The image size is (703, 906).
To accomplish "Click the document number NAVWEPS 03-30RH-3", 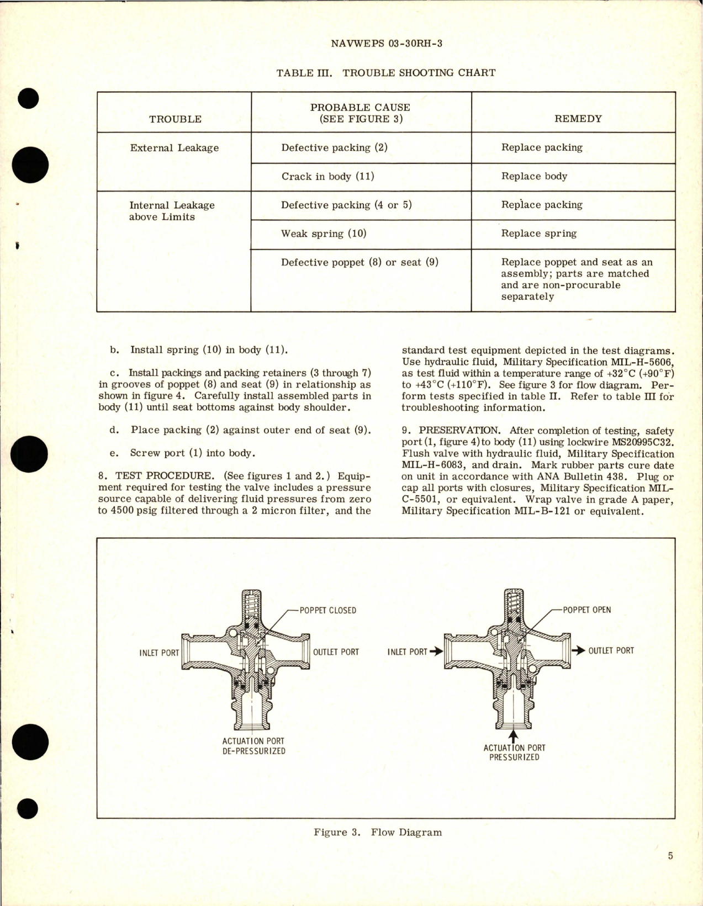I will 386,44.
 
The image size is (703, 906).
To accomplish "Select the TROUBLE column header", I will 175,119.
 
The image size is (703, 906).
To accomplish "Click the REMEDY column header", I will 578,119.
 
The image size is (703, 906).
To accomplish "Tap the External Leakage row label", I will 174,148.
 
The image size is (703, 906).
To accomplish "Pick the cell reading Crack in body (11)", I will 327,177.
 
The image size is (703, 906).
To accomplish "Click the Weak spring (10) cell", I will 324,234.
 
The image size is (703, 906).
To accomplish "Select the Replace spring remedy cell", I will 538,234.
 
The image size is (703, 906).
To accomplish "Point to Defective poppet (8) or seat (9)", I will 360,262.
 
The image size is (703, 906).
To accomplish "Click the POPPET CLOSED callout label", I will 327,611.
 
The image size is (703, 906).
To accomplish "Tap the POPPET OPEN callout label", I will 586,610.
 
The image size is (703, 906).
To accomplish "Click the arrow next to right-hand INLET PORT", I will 436,651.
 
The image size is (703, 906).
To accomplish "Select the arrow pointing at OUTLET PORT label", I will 578,651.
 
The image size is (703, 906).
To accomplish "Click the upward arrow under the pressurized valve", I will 514,736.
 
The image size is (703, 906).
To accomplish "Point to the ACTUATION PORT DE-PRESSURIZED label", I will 253,746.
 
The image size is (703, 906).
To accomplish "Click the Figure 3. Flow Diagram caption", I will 378,832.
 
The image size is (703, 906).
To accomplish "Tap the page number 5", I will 670,856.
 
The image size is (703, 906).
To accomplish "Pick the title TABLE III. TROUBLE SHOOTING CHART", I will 385,73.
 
